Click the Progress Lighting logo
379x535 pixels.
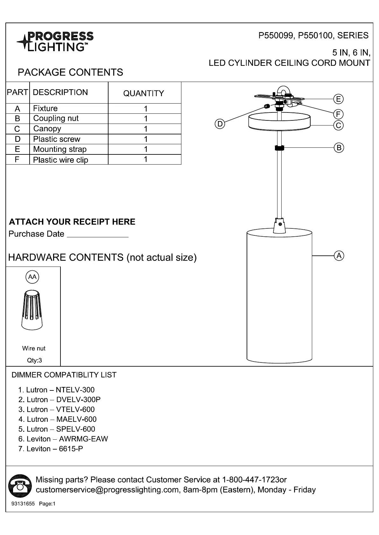click(55, 42)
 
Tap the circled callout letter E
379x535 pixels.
click(338, 99)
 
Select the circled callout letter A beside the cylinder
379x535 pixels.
click(339, 256)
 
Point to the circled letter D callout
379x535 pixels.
click(220, 124)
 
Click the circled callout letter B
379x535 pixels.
click(339, 147)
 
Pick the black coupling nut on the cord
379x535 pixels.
click(279, 148)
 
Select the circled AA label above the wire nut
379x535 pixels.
click(32, 277)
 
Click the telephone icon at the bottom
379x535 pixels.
click(20, 485)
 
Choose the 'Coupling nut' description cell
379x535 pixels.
click(56, 119)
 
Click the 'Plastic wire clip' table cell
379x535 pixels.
click(60, 160)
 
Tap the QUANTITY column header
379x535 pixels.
click(144, 93)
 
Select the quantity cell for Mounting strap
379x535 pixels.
click(145, 149)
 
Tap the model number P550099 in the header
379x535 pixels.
click(275, 36)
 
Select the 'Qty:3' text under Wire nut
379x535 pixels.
click(34, 360)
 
